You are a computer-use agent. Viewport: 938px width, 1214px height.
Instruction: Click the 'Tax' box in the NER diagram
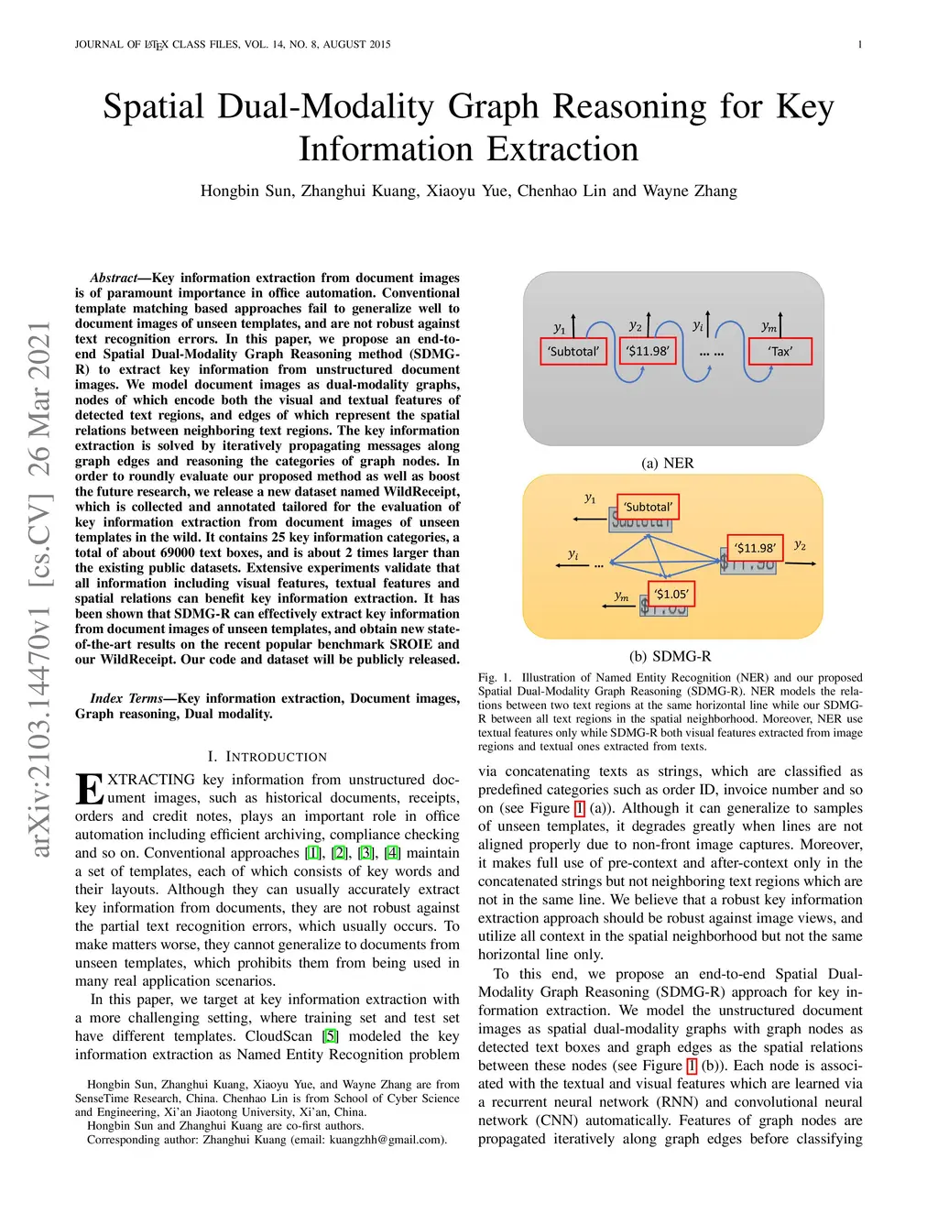pos(780,352)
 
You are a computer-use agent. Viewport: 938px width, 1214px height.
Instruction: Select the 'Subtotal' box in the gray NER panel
pos(573,352)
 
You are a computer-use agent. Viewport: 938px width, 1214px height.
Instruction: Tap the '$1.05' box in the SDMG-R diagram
pos(671,594)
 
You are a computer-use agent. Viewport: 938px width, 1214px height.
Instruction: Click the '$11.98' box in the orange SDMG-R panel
pos(755,548)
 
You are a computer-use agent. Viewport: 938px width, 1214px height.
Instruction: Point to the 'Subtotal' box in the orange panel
pos(648,507)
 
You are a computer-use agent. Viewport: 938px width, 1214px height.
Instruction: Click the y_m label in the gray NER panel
pos(769,326)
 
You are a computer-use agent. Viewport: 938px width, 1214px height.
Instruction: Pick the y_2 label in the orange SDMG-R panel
pos(800,545)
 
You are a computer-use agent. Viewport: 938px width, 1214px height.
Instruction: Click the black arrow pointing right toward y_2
pos(801,563)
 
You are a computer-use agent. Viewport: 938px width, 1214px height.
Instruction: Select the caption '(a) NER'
pos(668,463)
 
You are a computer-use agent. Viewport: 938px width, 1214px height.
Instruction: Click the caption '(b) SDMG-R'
pos(670,656)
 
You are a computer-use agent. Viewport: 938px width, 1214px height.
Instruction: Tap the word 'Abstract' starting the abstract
pos(113,278)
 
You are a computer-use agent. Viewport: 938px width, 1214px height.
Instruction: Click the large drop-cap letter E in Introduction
pos(89,789)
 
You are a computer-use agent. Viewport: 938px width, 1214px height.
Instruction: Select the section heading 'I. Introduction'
pos(267,757)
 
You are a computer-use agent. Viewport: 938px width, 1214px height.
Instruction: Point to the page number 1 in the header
pos(859,44)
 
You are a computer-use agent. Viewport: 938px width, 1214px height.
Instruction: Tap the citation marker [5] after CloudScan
pos(330,1036)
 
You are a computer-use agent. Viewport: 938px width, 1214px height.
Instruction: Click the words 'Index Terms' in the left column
pos(126,698)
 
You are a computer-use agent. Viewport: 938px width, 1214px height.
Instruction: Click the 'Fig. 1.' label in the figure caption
pos(495,678)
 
